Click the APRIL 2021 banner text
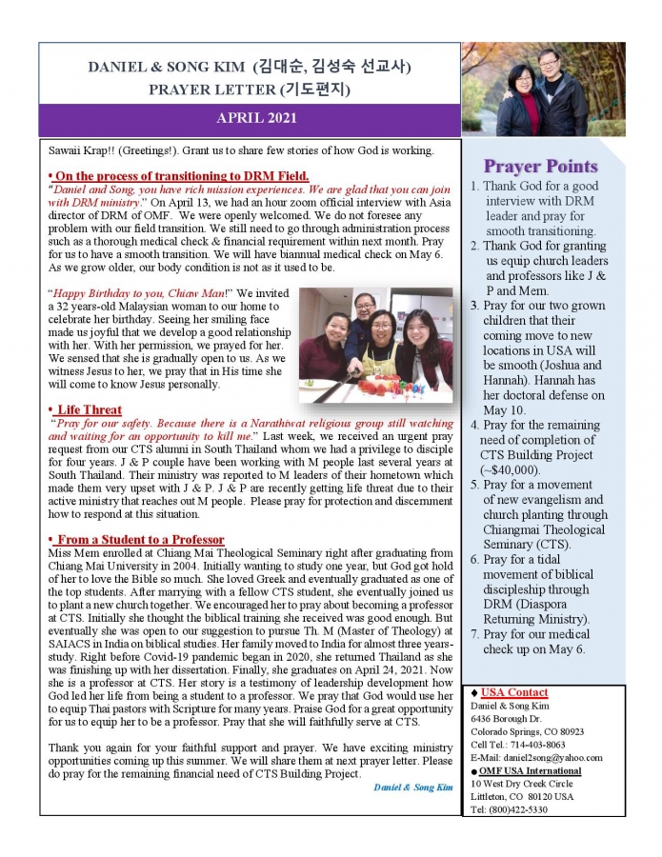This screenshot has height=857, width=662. tap(256, 119)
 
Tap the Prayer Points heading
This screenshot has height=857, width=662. tap(540, 167)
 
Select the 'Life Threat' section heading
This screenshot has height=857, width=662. tap(90, 409)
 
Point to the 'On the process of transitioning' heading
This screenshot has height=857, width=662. tap(181, 176)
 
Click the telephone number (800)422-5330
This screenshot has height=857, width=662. tap(533, 809)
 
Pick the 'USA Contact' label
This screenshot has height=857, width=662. tap(514, 692)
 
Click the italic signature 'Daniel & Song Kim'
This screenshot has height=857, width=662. tap(412, 787)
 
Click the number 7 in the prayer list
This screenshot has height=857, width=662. tap(474, 633)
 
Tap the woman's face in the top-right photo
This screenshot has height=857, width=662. tap(520, 78)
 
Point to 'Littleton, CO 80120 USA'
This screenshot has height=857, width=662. tap(522, 796)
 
